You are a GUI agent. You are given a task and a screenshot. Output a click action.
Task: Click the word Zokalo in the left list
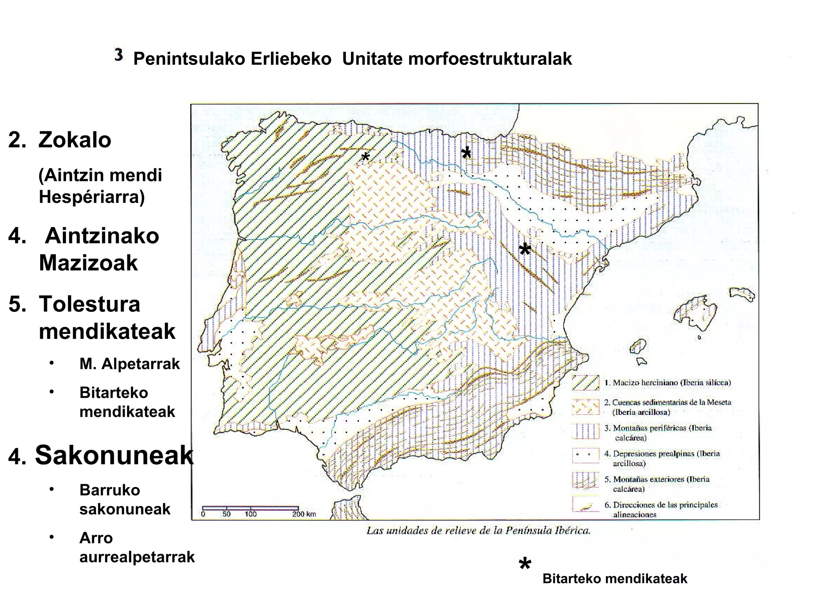pos(75,140)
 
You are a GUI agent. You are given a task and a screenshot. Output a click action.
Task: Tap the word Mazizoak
pos(88,263)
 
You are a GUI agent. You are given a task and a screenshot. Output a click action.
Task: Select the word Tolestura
pos(90,304)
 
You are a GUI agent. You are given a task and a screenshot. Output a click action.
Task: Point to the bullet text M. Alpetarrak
pos(130,364)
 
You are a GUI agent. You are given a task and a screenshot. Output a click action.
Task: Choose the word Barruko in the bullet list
pos(110,490)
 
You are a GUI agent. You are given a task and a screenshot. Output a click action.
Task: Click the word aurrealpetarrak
pos(137,557)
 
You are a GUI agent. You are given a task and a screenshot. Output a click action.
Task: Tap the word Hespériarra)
pos(92,197)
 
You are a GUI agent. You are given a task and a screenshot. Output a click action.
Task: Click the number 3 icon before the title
pos(119,55)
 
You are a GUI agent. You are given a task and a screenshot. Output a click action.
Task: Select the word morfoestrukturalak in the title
pos(490,59)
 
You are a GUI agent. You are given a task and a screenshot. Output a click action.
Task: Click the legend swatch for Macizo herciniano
pos(585,383)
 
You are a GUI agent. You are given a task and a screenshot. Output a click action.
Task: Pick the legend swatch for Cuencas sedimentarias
pos(585,407)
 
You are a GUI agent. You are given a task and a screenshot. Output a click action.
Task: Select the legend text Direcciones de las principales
pos(661,505)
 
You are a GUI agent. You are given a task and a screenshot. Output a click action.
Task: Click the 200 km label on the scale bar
pos(304,514)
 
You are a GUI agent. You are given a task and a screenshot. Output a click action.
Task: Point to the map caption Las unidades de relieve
pos(478,531)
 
